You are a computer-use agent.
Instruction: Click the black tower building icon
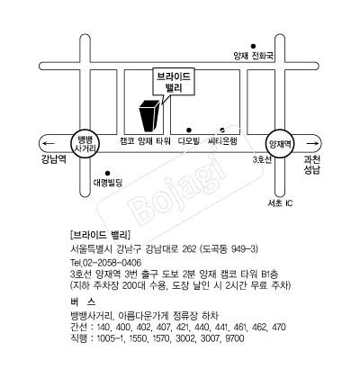[148, 116]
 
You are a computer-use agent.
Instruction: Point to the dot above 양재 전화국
[253, 46]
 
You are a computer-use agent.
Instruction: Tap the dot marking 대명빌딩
[107, 173]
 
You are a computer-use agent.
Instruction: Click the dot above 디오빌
[189, 130]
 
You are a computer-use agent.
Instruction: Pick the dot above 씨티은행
[222, 130]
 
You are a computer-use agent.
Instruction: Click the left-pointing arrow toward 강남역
[49, 143]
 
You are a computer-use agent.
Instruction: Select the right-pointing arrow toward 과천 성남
[312, 144]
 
